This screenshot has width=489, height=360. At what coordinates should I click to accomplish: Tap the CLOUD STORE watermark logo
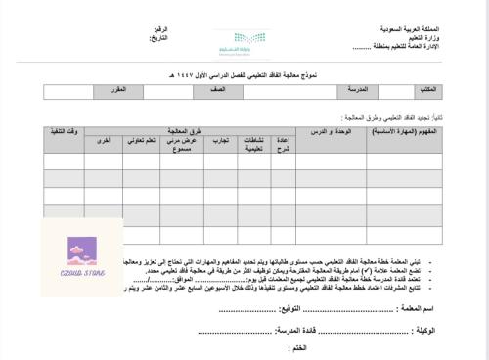82,259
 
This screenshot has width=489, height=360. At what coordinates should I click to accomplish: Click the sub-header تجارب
223,140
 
